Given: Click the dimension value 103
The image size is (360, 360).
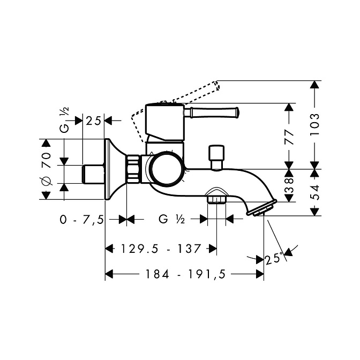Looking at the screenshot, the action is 315,124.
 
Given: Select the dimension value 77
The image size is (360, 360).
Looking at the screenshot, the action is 289,137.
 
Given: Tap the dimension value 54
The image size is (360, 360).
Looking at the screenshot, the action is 315,192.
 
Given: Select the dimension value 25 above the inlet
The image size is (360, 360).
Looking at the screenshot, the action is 93,121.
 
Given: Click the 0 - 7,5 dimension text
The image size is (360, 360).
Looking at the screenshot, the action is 82,220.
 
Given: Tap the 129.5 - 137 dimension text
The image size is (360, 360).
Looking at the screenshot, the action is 161,249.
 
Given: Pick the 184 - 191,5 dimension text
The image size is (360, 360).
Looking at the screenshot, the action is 186,274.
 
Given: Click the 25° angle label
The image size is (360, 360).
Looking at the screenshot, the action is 274,259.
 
